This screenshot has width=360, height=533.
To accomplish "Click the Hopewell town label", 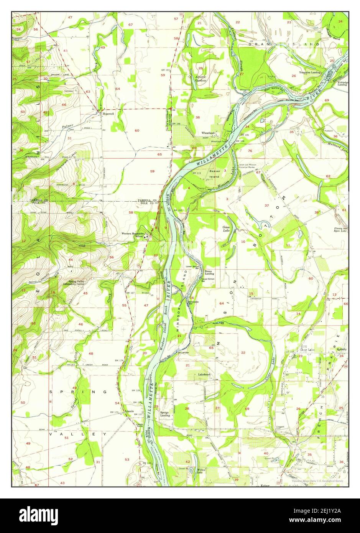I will pos(106,114).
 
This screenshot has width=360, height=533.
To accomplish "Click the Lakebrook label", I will pos(204,374).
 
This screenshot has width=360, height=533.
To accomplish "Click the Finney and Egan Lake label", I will pos(340,229).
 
